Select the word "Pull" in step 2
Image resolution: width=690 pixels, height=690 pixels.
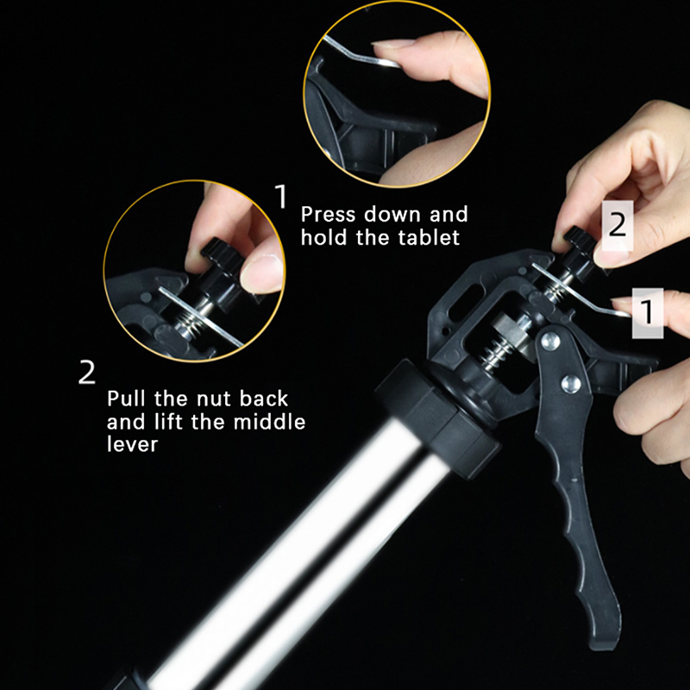click(x=126, y=398)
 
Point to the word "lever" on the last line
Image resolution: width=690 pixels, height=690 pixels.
click(x=132, y=444)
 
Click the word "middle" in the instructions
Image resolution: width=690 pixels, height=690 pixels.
click(x=269, y=422)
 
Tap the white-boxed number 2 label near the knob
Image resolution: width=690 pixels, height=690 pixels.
click(x=618, y=225)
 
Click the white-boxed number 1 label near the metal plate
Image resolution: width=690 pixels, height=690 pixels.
click(x=648, y=313)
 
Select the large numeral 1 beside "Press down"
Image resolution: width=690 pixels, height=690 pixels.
click(x=281, y=197)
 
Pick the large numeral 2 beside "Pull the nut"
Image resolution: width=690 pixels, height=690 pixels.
click(x=87, y=373)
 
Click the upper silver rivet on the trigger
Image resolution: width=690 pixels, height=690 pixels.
click(x=550, y=341)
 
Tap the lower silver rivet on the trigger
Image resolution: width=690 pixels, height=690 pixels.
click(x=571, y=383)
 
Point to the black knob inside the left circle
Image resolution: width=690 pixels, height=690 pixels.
click(x=220, y=260)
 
